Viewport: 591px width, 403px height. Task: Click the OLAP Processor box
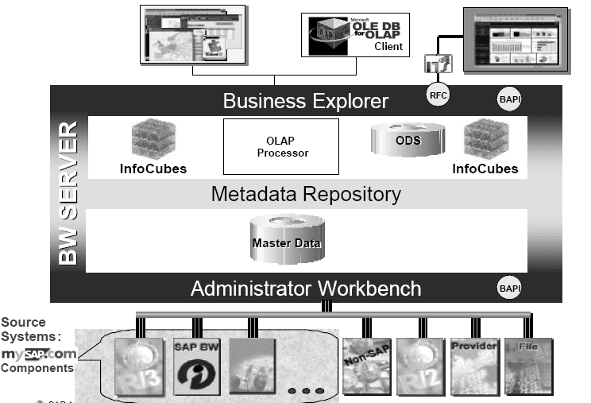[281, 146]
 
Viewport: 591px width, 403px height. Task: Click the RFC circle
[438, 95]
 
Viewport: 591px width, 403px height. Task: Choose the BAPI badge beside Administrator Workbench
[508, 287]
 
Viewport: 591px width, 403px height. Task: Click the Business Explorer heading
[305, 101]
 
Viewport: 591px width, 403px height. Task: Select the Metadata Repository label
[306, 194]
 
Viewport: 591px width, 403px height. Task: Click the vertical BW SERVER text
[69, 193]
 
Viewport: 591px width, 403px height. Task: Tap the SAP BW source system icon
[195, 366]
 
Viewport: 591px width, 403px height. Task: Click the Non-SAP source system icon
[364, 365]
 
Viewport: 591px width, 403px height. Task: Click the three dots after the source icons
[305, 390]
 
